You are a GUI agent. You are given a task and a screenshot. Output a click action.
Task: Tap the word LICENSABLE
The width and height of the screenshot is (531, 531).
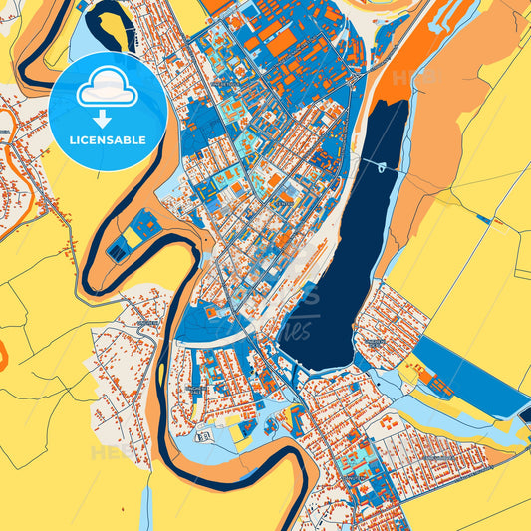[x=107, y=140]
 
